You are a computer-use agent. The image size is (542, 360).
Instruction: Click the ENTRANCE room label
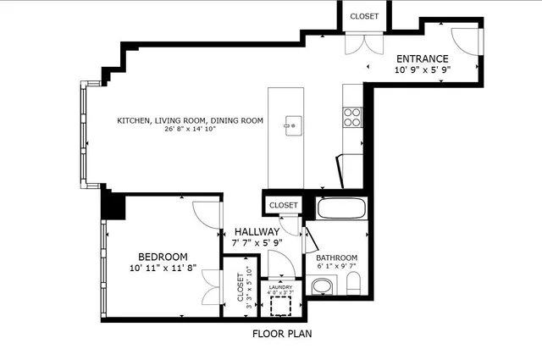point(421,58)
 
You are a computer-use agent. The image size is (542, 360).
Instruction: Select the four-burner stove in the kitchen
point(352,117)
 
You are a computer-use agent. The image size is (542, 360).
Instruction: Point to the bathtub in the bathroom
point(340,208)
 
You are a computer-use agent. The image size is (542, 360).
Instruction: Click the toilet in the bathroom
point(353,285)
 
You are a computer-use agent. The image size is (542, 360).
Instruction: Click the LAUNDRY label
point(280,286)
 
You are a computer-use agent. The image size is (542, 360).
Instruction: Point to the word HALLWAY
point(257,231)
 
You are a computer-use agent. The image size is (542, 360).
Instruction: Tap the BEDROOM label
point(163,257)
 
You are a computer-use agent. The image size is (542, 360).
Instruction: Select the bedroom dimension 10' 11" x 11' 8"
point(163,269)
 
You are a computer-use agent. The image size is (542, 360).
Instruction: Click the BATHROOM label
point(337,258)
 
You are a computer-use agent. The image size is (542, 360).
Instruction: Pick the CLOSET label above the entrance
point(364,15)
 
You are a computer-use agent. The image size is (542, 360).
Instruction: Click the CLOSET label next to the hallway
point(283,206)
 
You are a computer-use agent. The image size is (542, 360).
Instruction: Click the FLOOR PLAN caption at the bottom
point(282,334)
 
